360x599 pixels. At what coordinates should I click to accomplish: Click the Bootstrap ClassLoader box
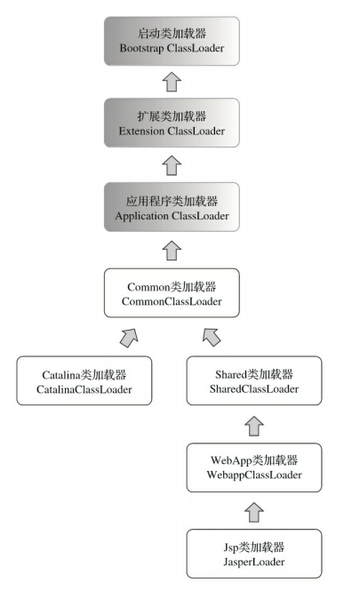click(x=172, y=41)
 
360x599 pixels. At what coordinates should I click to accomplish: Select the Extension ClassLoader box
click(x=172, y=124)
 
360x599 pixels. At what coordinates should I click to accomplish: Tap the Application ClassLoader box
click(x=172, y=208)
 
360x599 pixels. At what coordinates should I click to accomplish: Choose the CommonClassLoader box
click(x=172, y=294)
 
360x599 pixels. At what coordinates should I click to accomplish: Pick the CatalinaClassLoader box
click(x=84, y=381)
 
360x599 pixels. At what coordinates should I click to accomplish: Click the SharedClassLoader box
click(x=254, y=381)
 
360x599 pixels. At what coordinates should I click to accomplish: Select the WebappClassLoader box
click(x=254, y=467)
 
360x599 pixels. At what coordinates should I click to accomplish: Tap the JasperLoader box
click(x=254, y=553)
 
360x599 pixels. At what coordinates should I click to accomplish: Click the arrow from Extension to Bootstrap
click(x=172, y=83)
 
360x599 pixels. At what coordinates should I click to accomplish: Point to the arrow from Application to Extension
click(x=172, y=166)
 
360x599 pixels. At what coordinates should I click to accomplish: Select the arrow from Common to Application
click(x=172, y=250)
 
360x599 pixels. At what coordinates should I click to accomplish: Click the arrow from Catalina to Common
click(x=129, y=337)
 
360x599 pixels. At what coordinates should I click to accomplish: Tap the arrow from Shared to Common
click(x=212, y=337)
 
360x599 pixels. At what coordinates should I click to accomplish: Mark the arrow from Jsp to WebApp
click(x=254, y=510)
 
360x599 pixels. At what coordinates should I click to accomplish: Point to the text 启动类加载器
click(x=172, y=33)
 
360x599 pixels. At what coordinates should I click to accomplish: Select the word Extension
click(x=143, y=131)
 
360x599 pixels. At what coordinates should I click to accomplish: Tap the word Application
click(x=143, y=216)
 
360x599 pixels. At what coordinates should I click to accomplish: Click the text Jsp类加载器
click(x=254, y=546)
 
